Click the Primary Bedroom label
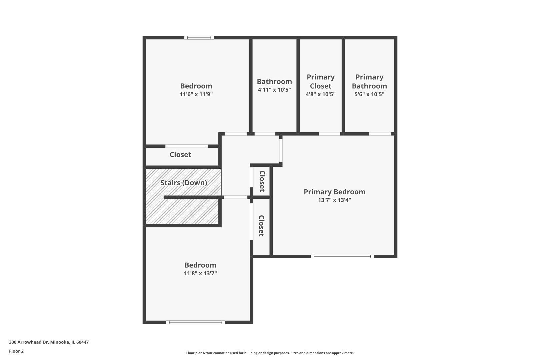coord(334,192)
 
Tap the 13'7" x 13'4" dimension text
coord(334,200)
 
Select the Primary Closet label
coord(321,81)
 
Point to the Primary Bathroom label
coord(369,81)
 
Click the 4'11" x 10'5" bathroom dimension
coord(274,90)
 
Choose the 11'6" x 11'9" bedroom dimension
coord(196,94)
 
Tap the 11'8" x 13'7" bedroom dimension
coord(200,273)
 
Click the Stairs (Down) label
coord(184,183)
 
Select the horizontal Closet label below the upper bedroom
coord(180,155)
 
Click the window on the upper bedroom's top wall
coord(199,38)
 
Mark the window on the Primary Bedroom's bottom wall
coord(342,256)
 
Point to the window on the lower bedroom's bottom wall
coord(196,322)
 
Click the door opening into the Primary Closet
coord(329,134)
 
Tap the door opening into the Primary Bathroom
coord(380,134)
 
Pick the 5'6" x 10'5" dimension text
coord(369,94)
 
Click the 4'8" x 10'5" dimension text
coord(321,94)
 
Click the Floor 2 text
coord(16,351)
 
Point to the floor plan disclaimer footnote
coord(270,353)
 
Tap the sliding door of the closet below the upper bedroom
coord(187,146)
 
